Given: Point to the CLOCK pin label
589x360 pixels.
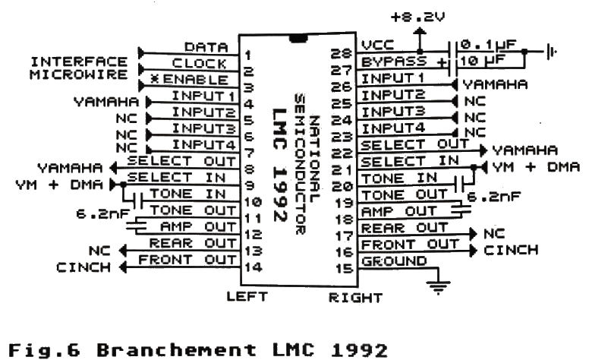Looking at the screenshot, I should pos(200,63).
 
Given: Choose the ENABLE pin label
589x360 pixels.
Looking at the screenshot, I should pos(200,79).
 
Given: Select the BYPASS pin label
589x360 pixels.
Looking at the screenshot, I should pos(387,62).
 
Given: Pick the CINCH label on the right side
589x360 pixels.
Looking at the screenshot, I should pos(511,250).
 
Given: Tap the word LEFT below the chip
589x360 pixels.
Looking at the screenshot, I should pos(246,298).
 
